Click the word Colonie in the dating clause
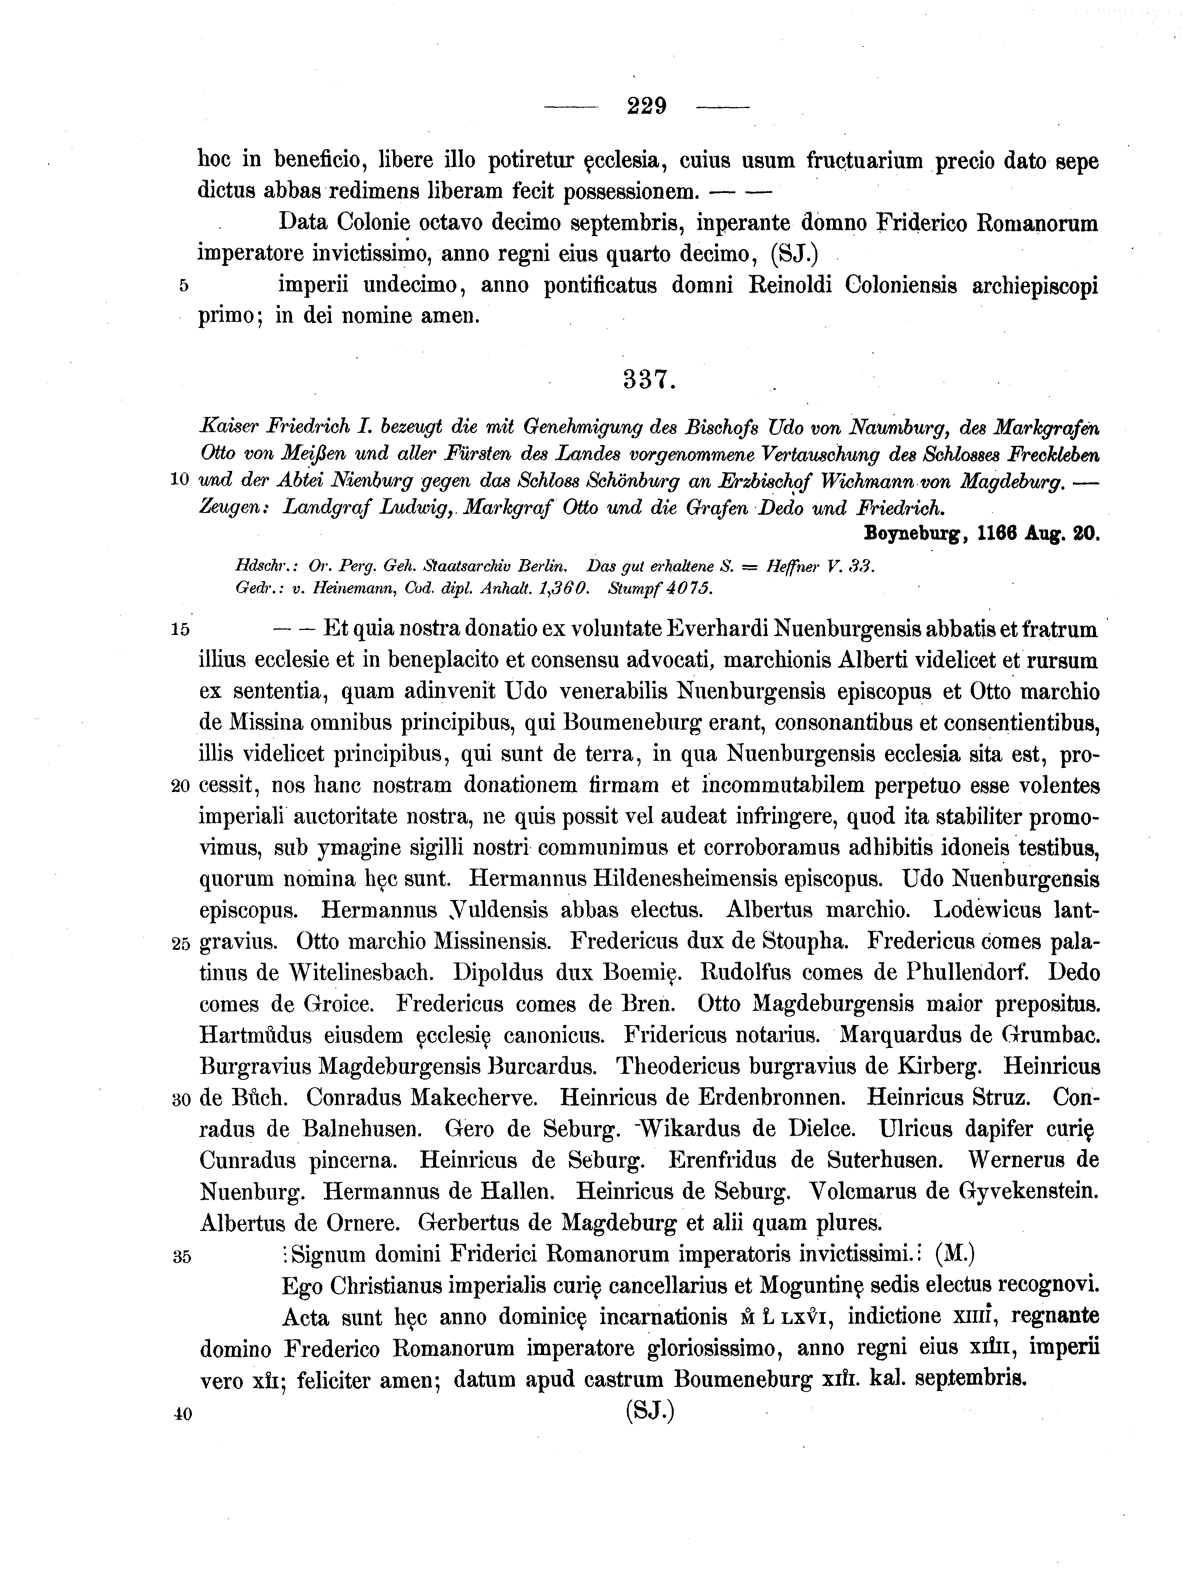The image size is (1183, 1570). (373, 223)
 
